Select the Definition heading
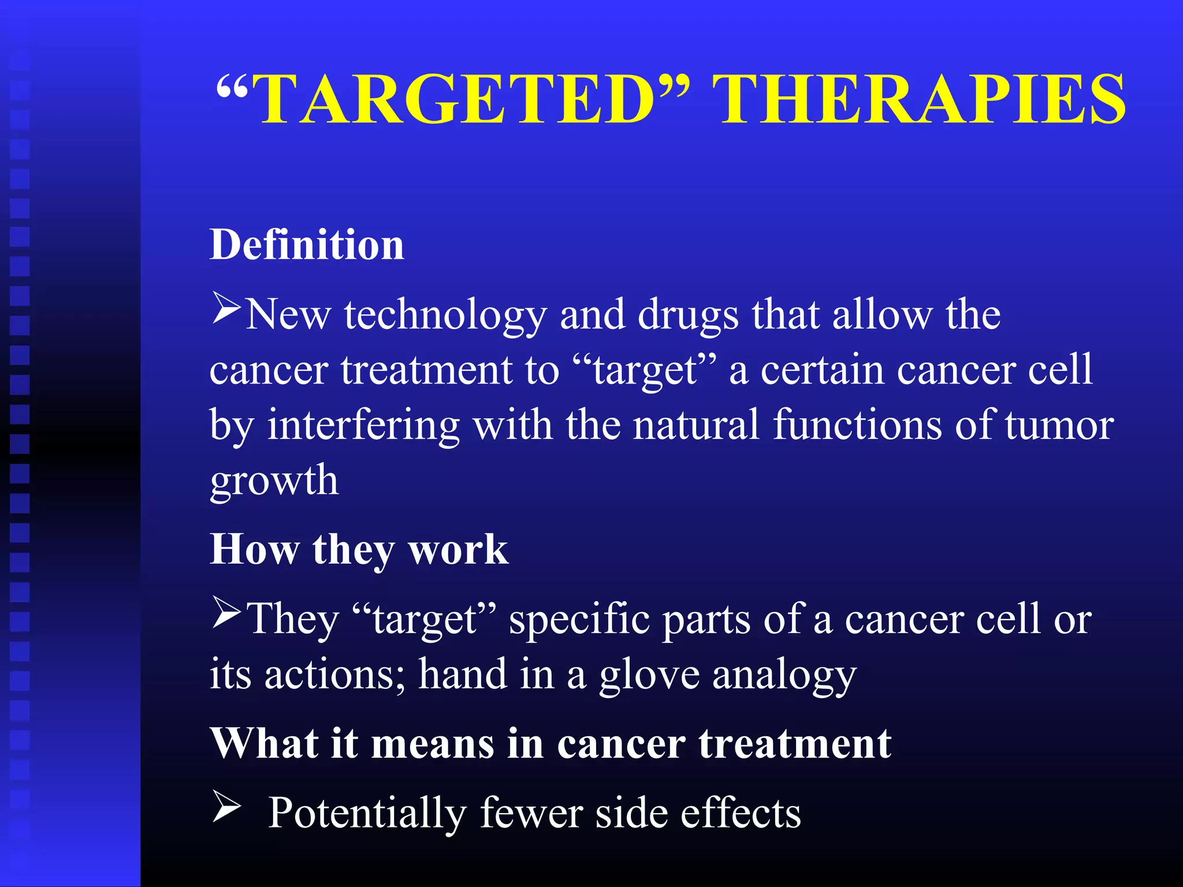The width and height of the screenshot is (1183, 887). (307, 245)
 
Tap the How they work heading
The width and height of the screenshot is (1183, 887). (359, 549)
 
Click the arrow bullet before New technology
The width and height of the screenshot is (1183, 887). (226, 308)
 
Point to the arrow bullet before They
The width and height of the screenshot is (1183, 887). (226, 613)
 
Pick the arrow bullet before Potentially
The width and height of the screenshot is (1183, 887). (226, 806)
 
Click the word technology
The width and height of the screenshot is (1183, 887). (445, 316)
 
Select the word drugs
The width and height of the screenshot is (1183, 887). (688, 316)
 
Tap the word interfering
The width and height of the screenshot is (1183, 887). (363, 426)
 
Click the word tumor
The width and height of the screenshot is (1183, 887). (1059, 426)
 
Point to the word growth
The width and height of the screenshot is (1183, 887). (274, 480)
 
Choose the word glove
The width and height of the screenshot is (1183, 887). (649, 674)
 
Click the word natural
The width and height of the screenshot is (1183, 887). (696, 426)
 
